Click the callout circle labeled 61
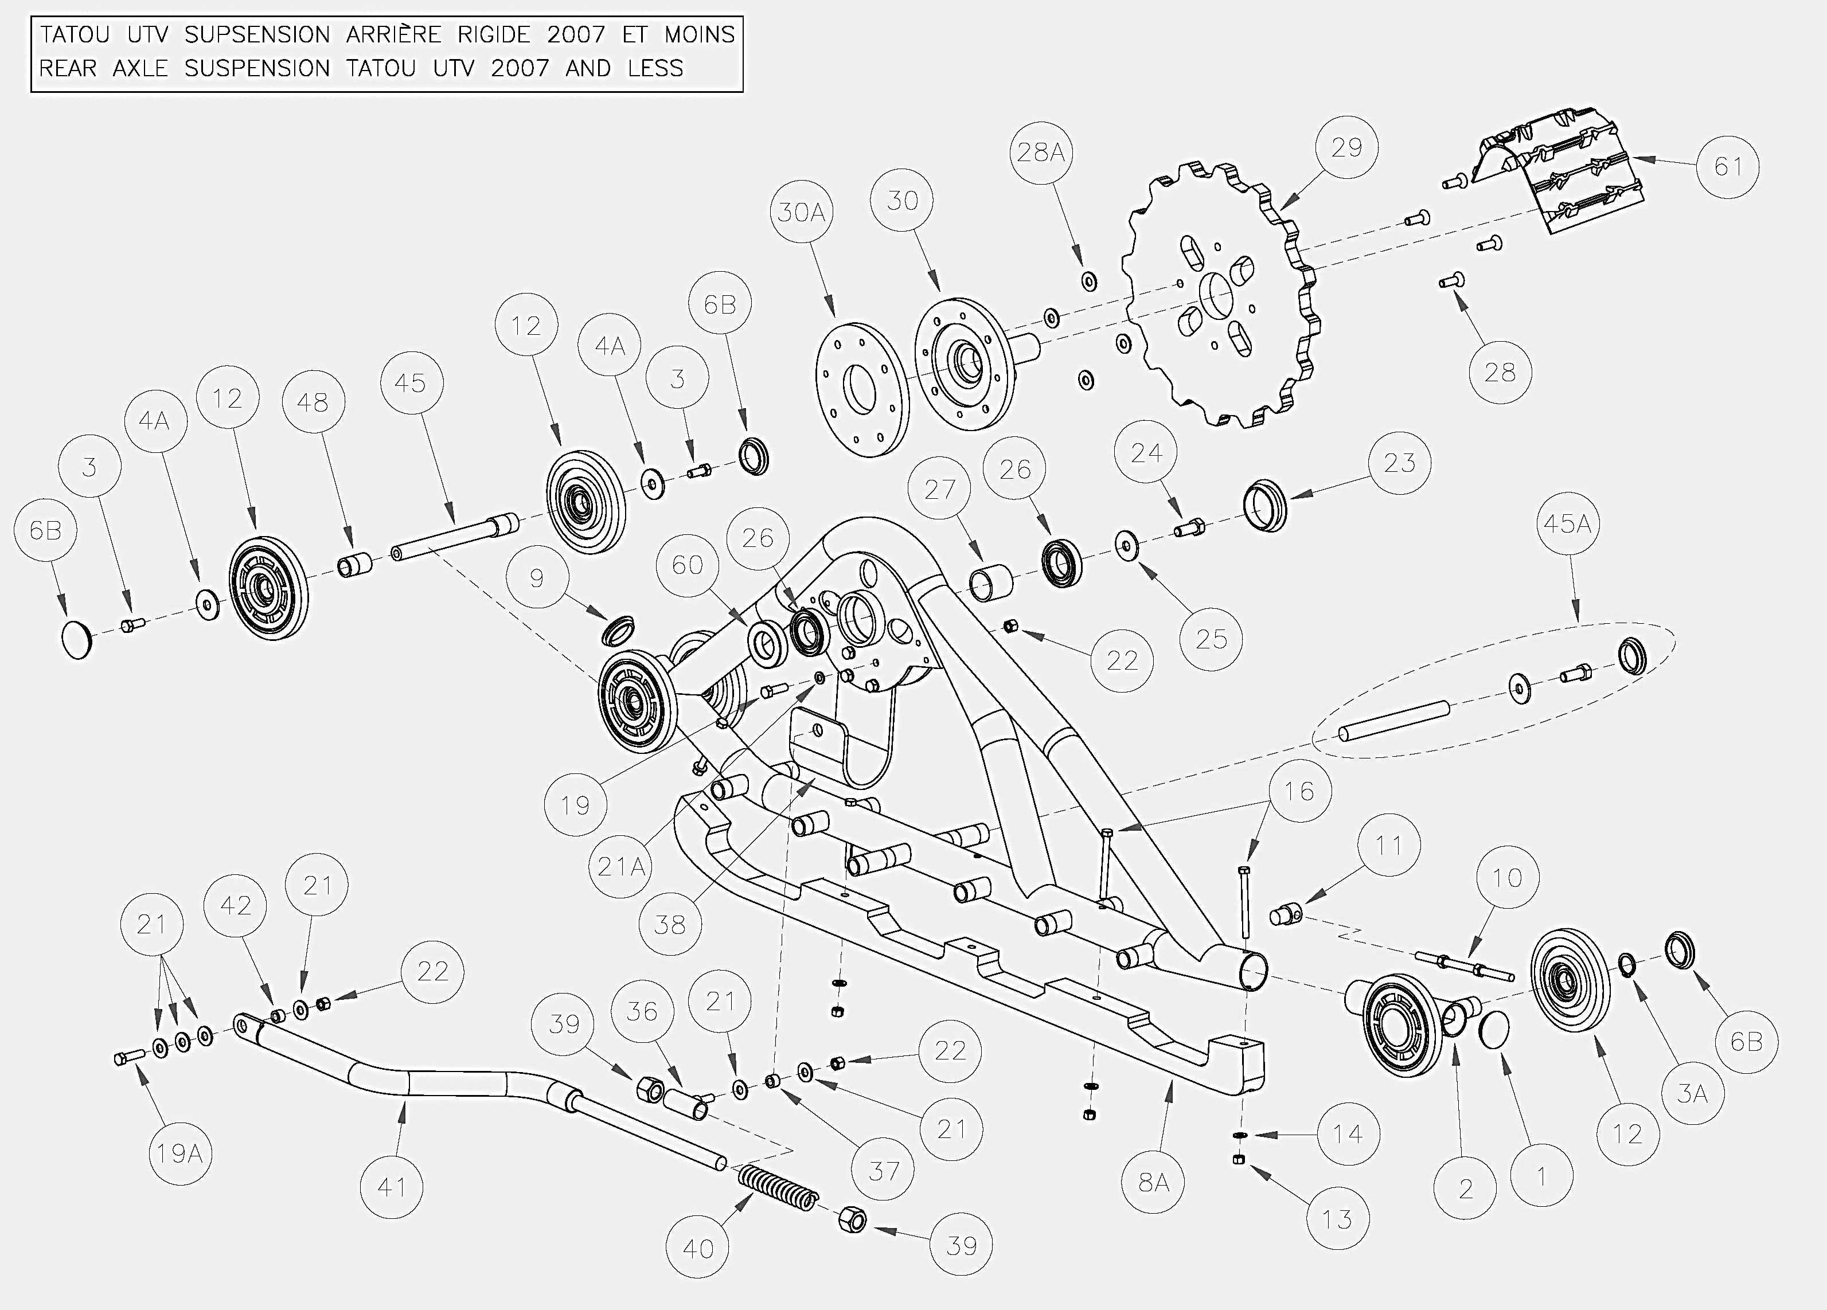(1728, 167)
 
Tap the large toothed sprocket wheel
(1222, 294)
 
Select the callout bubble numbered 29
(1346, 147)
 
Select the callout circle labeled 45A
(1567, 523)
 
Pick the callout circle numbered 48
(313, 402)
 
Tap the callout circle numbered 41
(392, 1187)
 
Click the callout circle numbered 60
(687, 565)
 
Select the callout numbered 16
(1298, 792)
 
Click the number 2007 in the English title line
(520, 68)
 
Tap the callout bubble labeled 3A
(1692, 1093)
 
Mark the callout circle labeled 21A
(620, 866)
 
